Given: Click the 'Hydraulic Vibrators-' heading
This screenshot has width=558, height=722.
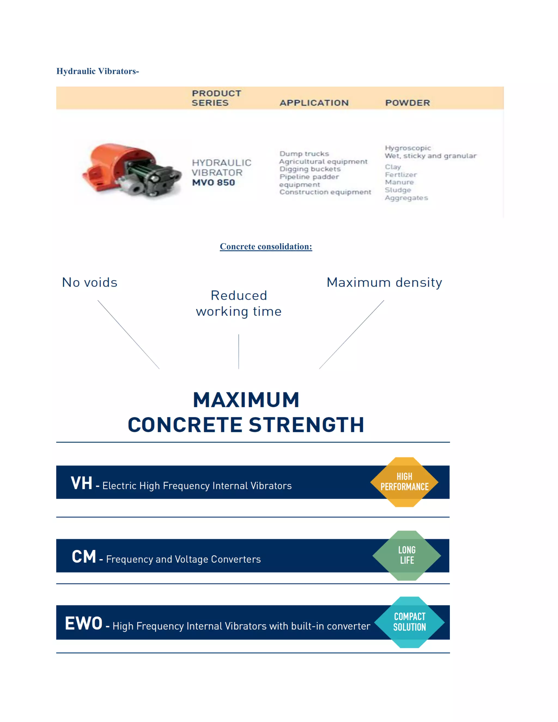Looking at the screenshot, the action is [x=98, y=71].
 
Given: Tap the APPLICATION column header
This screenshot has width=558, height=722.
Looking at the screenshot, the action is [x=314, y=103].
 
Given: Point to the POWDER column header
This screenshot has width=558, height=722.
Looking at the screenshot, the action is [x=407, y=103].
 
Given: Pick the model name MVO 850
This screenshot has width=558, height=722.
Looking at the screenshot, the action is [x=214, y=183].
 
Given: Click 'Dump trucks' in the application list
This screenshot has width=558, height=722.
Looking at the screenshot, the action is [x=304, y=154].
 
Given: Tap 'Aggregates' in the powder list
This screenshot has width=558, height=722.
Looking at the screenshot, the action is [x=406, y=198].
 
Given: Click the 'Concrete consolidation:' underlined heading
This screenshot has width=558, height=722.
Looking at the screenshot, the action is [x=266, y=247].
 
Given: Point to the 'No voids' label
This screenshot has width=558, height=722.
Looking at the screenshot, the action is [x=90, y=283].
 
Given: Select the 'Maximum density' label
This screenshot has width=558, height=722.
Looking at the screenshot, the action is [x=384, y=283].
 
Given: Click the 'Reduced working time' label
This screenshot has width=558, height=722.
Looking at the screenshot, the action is [x=239, y=304].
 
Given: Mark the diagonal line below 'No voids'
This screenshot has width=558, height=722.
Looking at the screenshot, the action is [x=128, y=334].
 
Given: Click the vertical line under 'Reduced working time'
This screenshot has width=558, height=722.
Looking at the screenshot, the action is [x=239, y=351].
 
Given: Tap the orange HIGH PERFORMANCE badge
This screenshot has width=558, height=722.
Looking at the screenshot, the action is [x=404, y=482].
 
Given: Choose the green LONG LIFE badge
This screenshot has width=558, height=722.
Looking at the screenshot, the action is [x=407, y=555].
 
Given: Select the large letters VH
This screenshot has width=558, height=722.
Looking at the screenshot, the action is [x=81, y=483].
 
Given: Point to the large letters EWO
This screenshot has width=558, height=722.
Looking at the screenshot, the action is [x=84, y=623].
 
